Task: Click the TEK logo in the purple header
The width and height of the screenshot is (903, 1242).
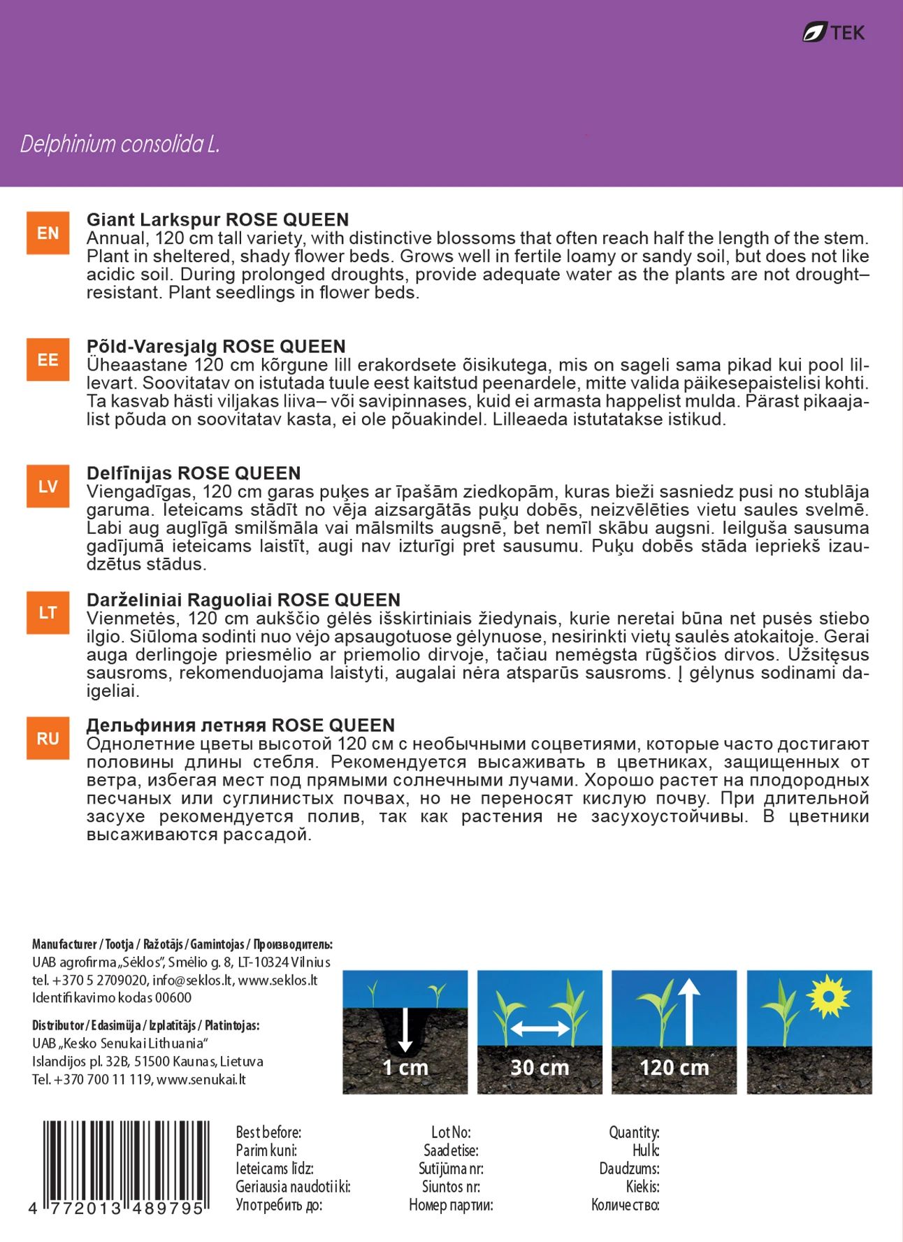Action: (x=833, y=32)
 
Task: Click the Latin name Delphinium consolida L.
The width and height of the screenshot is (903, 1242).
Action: (x=120, y=144)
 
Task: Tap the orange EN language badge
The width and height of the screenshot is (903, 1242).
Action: (x=48, y=233)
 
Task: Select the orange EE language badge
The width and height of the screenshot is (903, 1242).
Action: (x=48, y=360)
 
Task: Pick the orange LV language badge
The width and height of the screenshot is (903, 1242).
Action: (x=48, y=486)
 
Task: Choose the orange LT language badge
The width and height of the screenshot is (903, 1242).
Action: (x=48, y=613)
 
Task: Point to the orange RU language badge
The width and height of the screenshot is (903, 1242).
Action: (x=48, y=738)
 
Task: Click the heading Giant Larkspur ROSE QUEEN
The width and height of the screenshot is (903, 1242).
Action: (x=217, y=219)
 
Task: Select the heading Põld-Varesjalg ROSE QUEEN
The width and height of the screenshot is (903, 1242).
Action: (x=216, y=347)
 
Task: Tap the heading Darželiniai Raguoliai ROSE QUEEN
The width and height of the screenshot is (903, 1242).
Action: (x=243, y=600)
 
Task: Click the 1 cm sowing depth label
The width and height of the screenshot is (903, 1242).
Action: (x=405, y=1067)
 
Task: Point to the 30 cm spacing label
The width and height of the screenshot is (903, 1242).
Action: (x=540, y=1067)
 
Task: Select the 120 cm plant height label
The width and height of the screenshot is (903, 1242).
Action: (x=674, y=1067)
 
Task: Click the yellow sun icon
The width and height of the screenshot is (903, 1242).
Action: (x=828, y=995)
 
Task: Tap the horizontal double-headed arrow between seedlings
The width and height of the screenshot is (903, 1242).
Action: (x=540, y=1028)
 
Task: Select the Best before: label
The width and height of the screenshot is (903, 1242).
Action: (x=268, y=1132)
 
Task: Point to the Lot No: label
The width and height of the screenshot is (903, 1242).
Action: (x=451, y=1132)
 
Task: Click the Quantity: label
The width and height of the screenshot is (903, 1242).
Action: (x=633, y=1132)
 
